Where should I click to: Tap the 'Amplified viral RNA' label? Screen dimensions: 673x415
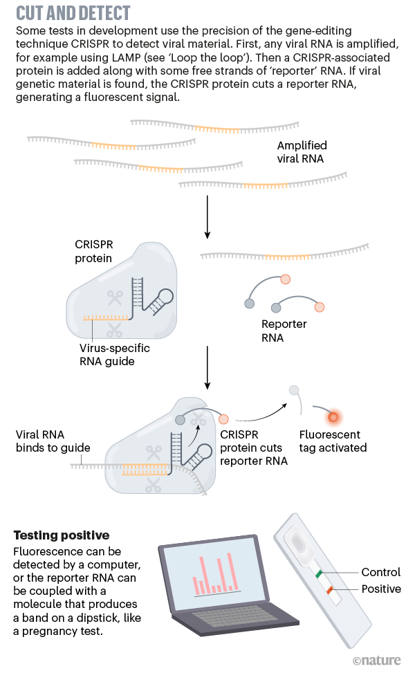pos(302,152)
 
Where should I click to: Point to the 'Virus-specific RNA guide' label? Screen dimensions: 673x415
pos(114,354)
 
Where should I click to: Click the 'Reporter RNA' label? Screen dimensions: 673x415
pos(284,331)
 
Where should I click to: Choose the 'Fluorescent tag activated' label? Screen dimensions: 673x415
pos(333,441)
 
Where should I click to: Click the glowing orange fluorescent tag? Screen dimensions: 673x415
pos(333,417)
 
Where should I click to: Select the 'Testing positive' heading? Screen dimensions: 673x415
pos(62,535)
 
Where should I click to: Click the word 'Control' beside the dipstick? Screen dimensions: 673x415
pos(381,572)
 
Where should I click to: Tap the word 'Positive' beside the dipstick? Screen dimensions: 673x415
pos(381,589)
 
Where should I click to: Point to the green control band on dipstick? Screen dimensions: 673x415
pos(319,574)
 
